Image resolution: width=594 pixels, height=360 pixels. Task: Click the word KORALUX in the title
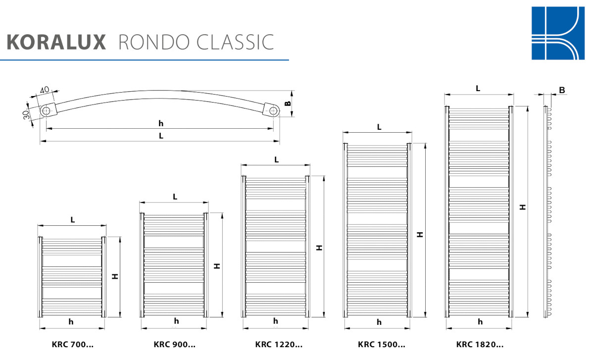(x=56, y=42)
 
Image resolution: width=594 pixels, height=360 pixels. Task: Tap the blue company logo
(x=557, y=33)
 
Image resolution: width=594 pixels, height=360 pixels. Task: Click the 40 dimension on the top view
(x=44, y=90)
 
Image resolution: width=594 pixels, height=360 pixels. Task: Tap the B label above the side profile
(x=562, y=90)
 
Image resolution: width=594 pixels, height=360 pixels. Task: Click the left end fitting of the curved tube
(x=46, y=110)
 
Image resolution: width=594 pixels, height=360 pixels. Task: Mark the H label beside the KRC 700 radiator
(x=115, y=276)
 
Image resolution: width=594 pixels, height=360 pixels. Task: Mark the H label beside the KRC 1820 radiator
(x=522, y=207)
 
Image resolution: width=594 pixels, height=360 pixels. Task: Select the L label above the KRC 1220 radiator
(x=276, y=159)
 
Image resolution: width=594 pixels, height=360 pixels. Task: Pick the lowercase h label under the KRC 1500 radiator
(x=379, y=322)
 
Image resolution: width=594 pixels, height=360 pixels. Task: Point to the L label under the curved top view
(x=161, y=136)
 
